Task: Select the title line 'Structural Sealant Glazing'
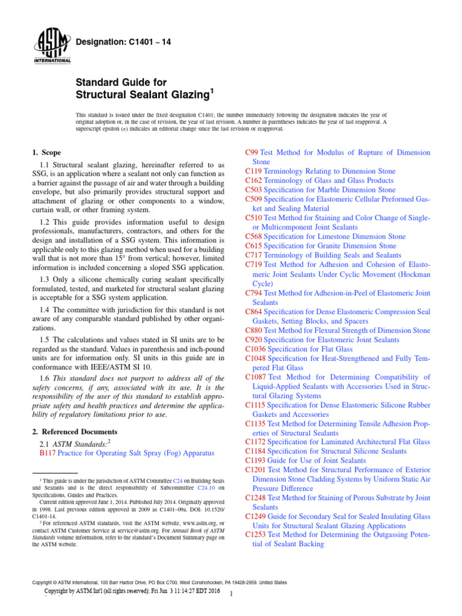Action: (x=145, y=94)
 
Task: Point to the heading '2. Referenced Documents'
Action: (x=75, y=431)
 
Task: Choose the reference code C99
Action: (x=253, y=153)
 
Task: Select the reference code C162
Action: (x=255, y=180)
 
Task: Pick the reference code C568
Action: (x=255, y=236)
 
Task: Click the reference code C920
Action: (x=255, y=339)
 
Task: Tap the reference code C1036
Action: (x=257, y=349)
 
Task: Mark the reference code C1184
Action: (x=257, y=451)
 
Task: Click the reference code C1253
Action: (x=257, y=517)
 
